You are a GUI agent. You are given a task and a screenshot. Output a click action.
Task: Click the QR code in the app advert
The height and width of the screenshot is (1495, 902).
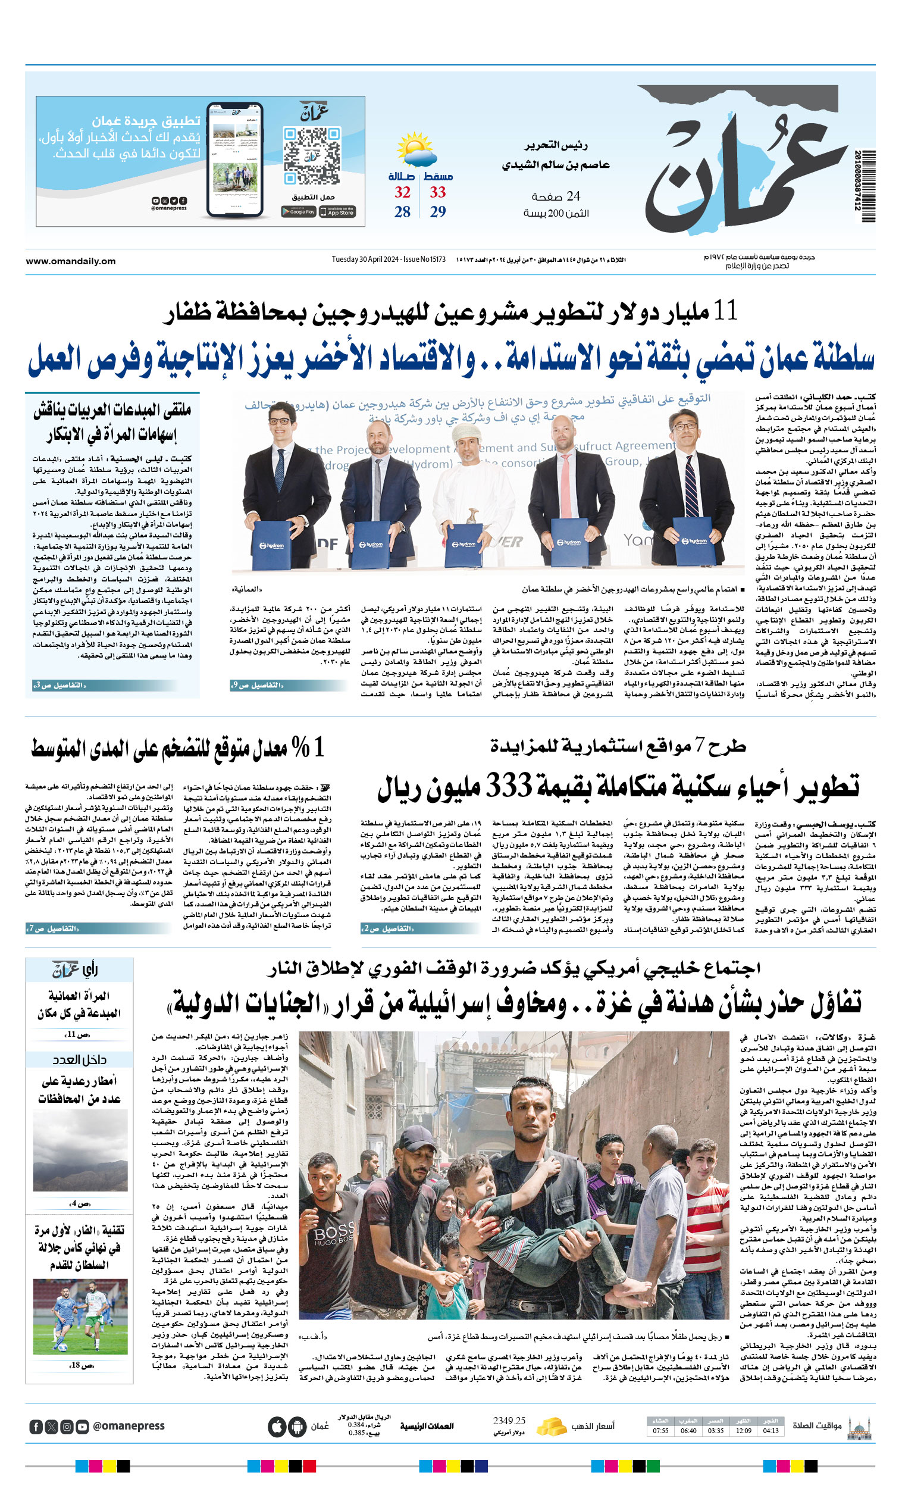tap(311, 155)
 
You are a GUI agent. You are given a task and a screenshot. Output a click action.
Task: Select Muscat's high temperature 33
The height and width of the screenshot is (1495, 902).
tap(438, 192)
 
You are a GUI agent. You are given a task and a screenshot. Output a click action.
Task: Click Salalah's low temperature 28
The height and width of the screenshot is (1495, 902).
tap(402, 212)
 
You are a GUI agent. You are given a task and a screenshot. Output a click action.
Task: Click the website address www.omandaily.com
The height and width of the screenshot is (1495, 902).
tap(70, 261)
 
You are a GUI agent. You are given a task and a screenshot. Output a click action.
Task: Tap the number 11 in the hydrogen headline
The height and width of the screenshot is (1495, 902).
tap(725, 311)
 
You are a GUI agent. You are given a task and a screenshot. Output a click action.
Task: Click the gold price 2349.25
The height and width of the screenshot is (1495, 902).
tap(509, 1421)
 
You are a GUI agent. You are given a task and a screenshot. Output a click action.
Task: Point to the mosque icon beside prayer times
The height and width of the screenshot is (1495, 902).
tap(859, 1427)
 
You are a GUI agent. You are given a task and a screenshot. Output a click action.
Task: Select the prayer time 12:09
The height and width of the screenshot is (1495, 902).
tap(744, 1431)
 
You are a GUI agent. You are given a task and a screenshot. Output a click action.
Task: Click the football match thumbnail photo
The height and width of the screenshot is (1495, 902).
tap(80, 1315)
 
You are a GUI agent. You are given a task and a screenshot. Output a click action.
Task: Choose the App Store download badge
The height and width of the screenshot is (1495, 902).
tap(338, 212)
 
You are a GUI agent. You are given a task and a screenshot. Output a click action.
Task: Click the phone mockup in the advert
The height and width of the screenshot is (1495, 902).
tap(235, 160)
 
